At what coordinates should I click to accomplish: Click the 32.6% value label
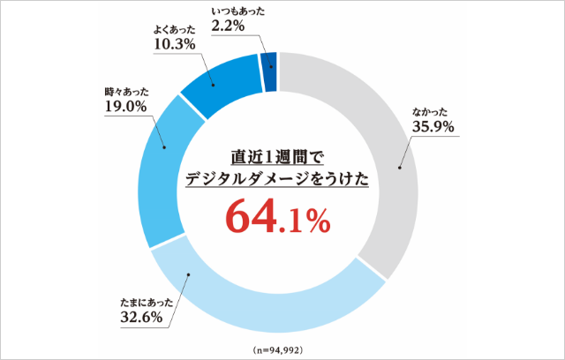click(140, 318)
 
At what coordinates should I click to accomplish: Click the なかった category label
click(433, 111)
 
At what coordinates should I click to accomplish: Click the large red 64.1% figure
click(277, 217)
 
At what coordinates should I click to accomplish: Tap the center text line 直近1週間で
click(277, 156)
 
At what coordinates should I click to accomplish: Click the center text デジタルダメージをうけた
click(277, 178)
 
